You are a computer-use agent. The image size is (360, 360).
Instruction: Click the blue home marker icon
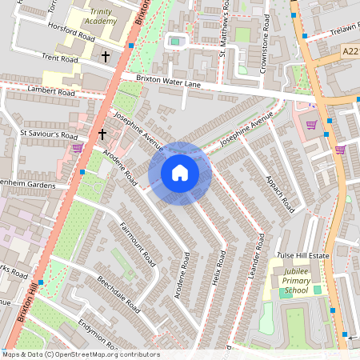point(180,173)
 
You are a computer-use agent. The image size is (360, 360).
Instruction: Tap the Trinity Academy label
point(102,17)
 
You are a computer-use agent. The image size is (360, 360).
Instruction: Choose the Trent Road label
point(61,59)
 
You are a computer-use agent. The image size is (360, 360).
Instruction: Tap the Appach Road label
point(279,194)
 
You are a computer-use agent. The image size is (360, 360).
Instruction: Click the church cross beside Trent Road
point(106,58)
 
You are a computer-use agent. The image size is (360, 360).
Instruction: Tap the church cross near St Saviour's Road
point(102,134)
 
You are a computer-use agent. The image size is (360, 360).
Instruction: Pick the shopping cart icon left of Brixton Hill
point(77,148)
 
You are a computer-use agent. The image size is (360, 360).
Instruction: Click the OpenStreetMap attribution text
point(80,354)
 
